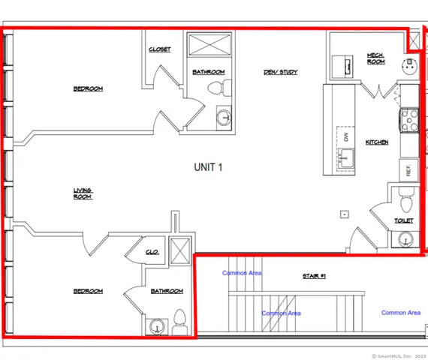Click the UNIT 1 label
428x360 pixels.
(209, 167)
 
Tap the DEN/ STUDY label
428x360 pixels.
(280, 72)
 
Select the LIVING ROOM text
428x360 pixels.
(83, 193)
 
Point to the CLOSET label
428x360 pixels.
(159, 49)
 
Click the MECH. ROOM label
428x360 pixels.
(375, 58)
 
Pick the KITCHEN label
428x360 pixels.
(376, 142)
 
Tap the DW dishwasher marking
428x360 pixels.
(346, 137)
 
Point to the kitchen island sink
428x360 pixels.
(347, 159)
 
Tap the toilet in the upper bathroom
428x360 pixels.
(216, 88)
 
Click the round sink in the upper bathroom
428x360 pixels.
(222, 116)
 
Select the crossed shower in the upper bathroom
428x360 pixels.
(209, 45)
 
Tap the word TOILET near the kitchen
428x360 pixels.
(404, 221)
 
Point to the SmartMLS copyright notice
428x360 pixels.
(398, 355)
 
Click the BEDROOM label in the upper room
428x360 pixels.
(88, 89)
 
